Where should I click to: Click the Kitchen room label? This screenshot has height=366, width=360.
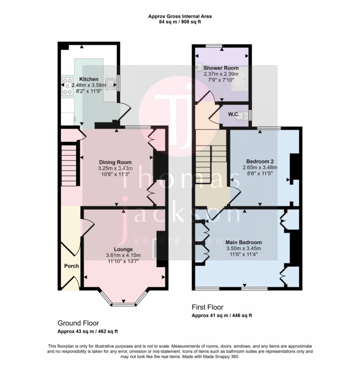tap(89, 79)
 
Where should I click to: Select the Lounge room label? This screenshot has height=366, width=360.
tap(124, 248)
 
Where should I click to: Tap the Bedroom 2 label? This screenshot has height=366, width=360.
tap(260, 160)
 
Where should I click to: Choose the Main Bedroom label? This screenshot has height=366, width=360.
tap(243, 242)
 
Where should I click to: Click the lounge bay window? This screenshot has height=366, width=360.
tap(124, 300)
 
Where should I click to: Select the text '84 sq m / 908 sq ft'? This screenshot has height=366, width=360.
tap(180, 23)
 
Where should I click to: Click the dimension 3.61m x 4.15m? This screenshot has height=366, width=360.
tap(124, 255)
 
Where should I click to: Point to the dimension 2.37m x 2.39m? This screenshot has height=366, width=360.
tap(220, 74)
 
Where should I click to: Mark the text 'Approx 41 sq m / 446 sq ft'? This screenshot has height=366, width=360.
tap(222, 315)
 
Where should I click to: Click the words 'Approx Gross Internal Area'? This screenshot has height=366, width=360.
tap(180, 17)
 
